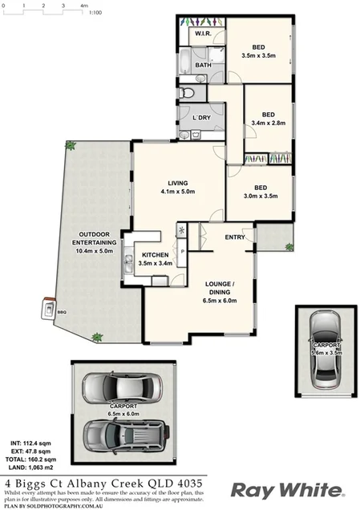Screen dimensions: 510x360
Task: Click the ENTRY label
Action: pyautogui.click(x=235, y=237)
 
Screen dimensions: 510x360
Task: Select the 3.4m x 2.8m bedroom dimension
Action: pyautogui.click(x=269, y=123)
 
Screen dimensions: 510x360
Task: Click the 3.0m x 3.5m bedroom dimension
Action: pyautogui.click(x=260, y=196)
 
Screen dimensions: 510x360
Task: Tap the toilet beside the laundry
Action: pyautogui.click(x=187, y=94)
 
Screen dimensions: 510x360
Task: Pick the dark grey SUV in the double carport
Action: pyautogui.click(x=122, y=436)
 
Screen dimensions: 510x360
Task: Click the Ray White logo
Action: pyautogui.click(x=287, y=489)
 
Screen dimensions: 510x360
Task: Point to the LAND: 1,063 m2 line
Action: pyautogui.click(x=30, y=467)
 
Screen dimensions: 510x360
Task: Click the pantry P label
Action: pyautogui.click(x=183, y=251)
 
